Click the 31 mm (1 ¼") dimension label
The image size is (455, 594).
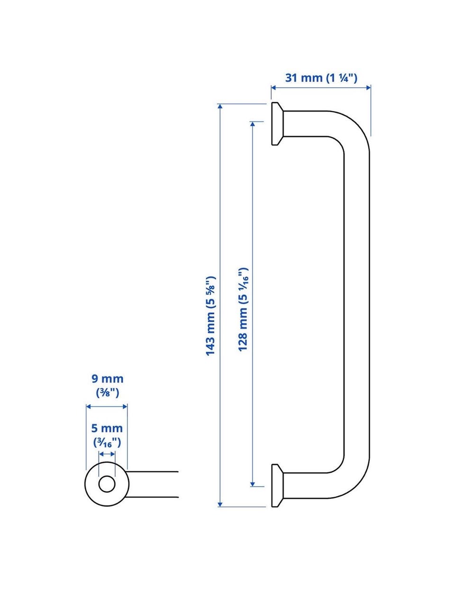(321, 78)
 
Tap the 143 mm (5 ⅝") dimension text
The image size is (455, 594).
(210, 316)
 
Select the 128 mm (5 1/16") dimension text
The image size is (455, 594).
(243, 310)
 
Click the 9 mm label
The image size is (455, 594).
(107, 379)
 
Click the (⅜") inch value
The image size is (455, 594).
(108, 393)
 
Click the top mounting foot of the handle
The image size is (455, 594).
(277, 124)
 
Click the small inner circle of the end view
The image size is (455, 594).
(107, 484)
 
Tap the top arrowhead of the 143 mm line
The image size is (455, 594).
(220, 106)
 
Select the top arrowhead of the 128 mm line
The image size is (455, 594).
(253, 124)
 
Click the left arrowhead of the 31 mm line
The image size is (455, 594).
(273, 88)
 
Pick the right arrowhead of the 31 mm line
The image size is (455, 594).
(368, 88)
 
